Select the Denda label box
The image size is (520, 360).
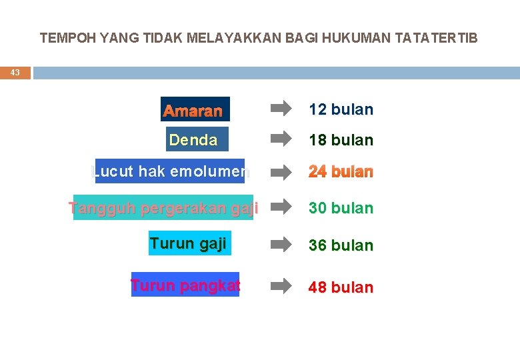coord(197,139)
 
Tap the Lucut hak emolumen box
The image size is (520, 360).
coord(170,171)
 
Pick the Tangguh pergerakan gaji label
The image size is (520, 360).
coord(164,207)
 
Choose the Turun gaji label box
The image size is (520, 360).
coord(189,243)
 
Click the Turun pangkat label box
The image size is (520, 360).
coord(185,285)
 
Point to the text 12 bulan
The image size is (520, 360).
coord(340,109)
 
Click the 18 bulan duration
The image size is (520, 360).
coord(340,141)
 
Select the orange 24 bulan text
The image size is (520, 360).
coord(340,172)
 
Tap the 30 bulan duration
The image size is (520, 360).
coord(340,208)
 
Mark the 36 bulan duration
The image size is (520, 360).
coord(340,245)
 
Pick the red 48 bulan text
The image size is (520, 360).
coord(340,287)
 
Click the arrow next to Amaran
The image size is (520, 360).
coord(281,107)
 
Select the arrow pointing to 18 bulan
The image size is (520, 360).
coord(281,139)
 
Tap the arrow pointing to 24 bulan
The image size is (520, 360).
coord(281,171)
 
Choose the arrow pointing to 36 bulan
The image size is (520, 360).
coord(281,243)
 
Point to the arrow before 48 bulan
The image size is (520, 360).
coord(281,285)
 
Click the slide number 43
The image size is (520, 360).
coord(15,73)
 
